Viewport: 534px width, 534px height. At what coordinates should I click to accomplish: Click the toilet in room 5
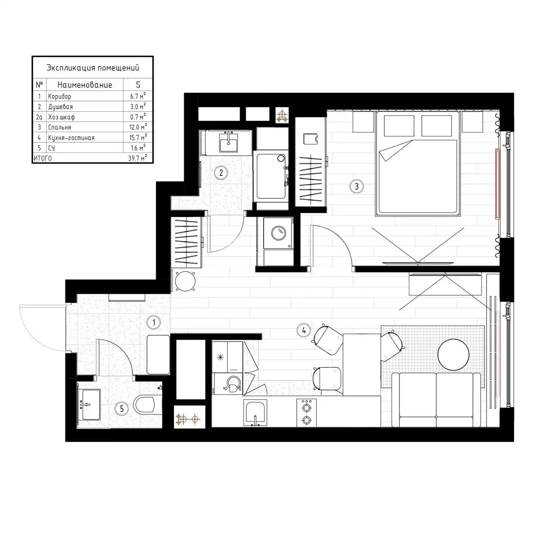coord(144,404)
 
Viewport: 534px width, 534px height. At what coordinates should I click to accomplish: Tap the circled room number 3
coord(356,187)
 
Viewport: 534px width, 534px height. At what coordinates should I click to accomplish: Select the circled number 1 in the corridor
coord(154,322)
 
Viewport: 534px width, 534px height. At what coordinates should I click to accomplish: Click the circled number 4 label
coord(304,330)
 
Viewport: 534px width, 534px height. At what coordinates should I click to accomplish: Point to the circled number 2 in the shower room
coord(221,173)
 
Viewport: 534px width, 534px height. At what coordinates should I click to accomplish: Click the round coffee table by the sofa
coord(453,354)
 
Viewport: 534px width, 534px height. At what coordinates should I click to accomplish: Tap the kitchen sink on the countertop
coord(255,412)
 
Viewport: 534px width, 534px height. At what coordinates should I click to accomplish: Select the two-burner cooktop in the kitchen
coord(307,413)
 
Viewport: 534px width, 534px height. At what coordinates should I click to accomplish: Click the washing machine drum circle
coord(279,233)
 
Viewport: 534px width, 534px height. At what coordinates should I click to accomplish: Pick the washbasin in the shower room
coord(228,142)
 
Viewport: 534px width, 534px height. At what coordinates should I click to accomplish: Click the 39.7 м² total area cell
coord(138,158)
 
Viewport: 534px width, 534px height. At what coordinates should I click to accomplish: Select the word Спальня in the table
coord(60,127)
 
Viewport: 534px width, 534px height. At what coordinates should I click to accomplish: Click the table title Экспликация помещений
coord(93,68)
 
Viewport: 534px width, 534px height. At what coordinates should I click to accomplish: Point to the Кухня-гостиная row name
coord(71,138)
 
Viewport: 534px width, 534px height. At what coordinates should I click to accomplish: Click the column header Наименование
coord(85,85)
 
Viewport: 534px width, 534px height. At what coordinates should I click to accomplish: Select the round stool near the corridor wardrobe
coord(185,281)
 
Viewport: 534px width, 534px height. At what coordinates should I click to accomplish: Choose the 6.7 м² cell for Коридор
coord(138,96)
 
